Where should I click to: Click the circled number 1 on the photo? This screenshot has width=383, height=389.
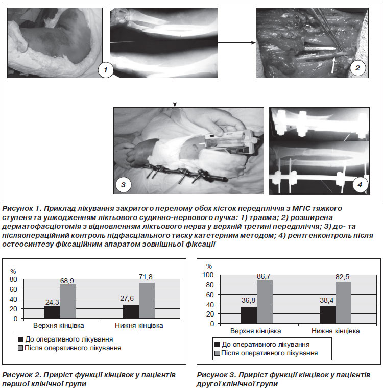(x=106, y=70)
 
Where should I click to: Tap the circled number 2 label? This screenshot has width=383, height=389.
(x=357, y=68)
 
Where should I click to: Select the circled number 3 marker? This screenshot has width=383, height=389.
(x=124, y=185)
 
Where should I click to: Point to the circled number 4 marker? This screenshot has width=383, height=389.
(x=360, y=185)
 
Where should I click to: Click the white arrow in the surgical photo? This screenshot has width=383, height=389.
(x=333, y=65)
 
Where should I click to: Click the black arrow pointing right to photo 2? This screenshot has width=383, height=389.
(x=236, y=43)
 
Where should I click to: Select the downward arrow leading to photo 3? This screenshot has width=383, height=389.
(x=175, y=92)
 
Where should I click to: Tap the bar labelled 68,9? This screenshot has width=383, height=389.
(x=68, y=301)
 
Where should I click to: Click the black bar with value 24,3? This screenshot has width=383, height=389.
(x=52, y=312)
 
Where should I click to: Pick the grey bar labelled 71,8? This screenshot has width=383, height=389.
(x=147, y=301)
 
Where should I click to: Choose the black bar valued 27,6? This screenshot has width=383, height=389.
(x=131, y=311)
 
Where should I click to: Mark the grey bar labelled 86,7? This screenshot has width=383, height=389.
(x=265, y=302)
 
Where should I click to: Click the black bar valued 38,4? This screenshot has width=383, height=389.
(x=327, y=315)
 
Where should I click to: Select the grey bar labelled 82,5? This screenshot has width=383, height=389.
(x=343, y=303)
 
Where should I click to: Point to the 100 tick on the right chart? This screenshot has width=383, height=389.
(x=208, y=275)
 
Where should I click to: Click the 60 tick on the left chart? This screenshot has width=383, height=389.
(x=13, y=289)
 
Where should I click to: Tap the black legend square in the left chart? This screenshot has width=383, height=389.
(x=20, y=339)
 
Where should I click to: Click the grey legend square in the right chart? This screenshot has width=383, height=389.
(x=217, y=353)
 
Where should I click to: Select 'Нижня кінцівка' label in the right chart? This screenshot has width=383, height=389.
(x=336, y=331)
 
